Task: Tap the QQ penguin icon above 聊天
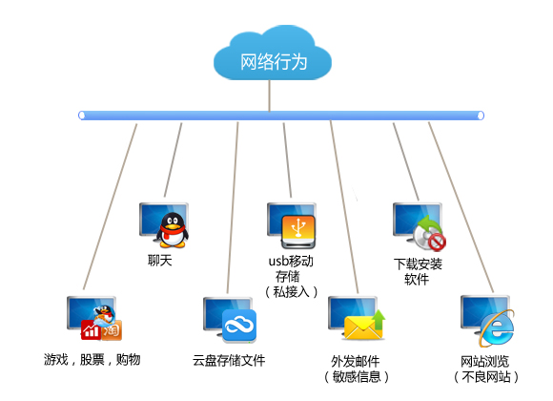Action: pyautogui.click(x=173, y=230)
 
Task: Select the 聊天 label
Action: pyautogui.click(x=160, y=261)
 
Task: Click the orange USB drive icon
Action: pyautogui.click(x=298, y=231)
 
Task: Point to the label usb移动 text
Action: pyautogui.click(x=291, y=261)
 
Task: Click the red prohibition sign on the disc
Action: pyautogui.click(x=438, y=242)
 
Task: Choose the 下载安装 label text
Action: pyautogui.click(x=418, y=264)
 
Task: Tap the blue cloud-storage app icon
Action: pyautogui.click(x=239, y=326)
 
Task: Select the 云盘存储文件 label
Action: pyautogui.click(x=229, y=360)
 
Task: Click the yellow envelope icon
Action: pyautogui.click(x=362, y=327)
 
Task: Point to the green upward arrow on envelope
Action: pyautogui.click(x=379, y=320)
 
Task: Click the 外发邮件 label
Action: pyautogui.click(x=356, y=362)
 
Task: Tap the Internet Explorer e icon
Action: pyautogui.click(x=497, y=328)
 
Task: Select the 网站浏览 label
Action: pyautogui.click(x=485, y=362)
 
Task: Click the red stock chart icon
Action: pyautogui.click(x=91, y=330)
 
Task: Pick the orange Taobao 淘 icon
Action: pyautogui.click(x=112, y=330)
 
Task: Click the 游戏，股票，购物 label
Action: pyautogui.click(x=92, y=360)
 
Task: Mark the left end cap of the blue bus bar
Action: pyautogui.click(x=82, y=116)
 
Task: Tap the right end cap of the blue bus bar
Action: pyautogui.click(x=481, y=116)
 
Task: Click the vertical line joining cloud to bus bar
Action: pyautogui.click(x=270, y=95)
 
